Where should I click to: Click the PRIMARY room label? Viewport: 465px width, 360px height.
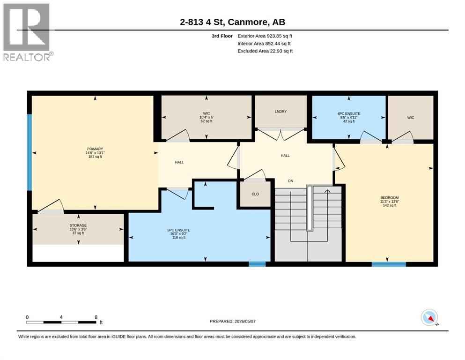95,149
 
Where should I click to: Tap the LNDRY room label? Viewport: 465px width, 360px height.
280,112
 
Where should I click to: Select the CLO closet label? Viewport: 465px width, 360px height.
255,194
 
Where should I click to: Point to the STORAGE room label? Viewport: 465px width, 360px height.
78,225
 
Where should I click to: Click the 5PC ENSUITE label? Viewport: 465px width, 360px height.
179,230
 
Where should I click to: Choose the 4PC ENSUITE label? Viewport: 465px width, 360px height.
349,113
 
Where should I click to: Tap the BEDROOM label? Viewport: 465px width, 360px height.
390,198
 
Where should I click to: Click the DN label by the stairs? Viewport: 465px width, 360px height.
291,181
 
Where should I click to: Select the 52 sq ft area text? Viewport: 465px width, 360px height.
207,121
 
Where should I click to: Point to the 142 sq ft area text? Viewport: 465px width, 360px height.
390,205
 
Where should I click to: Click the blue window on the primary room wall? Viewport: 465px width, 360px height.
30,152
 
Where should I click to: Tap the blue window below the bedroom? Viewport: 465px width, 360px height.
389,264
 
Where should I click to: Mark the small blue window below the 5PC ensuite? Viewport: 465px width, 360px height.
257,264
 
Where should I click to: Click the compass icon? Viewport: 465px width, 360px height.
429,317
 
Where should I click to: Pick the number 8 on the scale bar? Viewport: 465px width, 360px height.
96,317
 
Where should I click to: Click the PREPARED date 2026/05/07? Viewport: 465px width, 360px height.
245,321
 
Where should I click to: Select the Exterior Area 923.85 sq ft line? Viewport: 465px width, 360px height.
265,36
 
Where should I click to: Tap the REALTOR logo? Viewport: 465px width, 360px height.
27,32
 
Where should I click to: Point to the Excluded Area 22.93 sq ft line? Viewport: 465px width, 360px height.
265,51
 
